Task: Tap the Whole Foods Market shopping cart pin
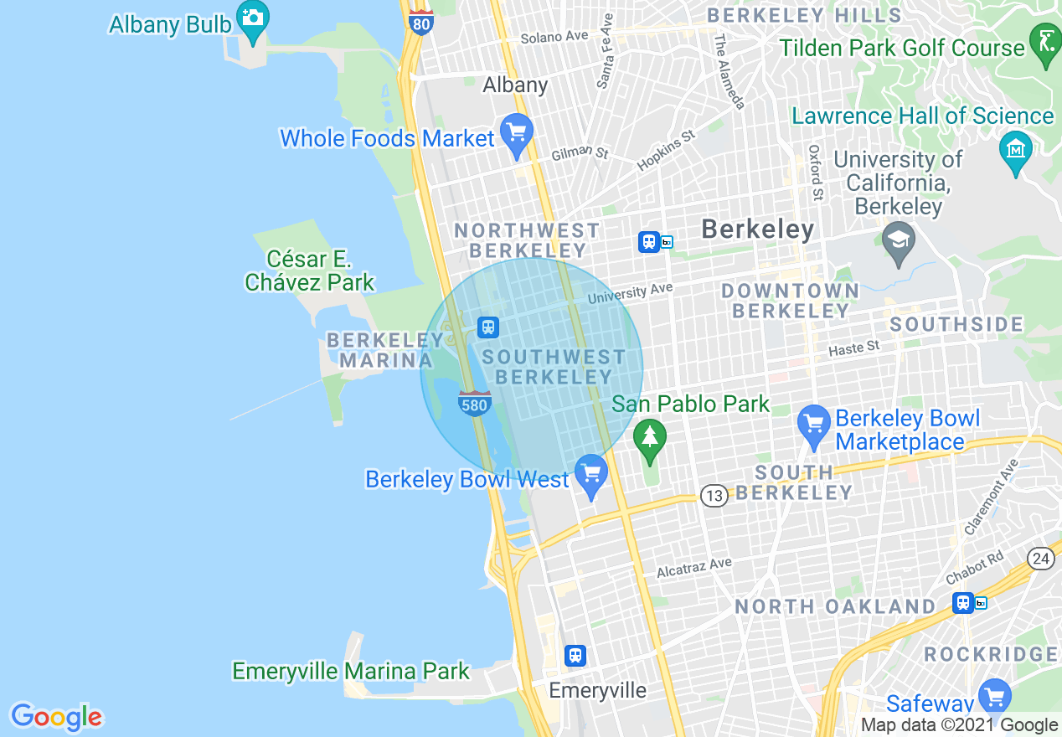(x=516, y=133)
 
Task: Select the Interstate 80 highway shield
(x=421, y=22)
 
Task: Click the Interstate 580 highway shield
(x=474, y=404)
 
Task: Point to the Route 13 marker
(x=714, y=497)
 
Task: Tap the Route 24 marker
(x=1041, y=559)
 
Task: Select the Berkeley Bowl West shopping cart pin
(x=592, y=474)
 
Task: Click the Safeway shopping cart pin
(x=994, y=697)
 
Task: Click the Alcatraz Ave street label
(x=693, y=567)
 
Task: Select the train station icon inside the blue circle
(x=488, y=327)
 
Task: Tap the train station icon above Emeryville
(x=575, y=655)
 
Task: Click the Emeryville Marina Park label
(x=351, y=672)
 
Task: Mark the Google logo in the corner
(x=56, y=717)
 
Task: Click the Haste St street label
(x=853, y=347)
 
